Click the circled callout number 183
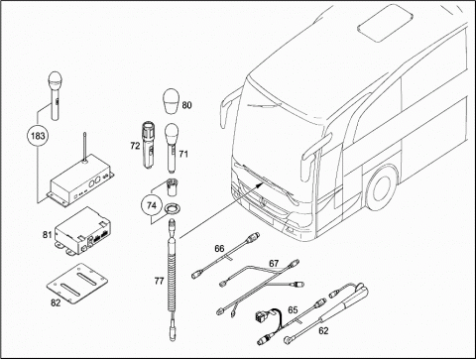coord(38,136)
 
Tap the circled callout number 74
coord(152,205)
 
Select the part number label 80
coord(186,105)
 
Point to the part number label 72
coord(135,146)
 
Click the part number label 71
coord(183,154)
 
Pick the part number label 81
coord(48,235)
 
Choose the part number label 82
coord(56,302)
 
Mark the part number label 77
coord(159,281)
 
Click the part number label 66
coord(219,249)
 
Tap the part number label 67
coord(274,264)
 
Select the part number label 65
coord(293,310)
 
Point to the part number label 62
coord(323,330)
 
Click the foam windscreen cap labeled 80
coord(171,102)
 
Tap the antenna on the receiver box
coord(85,148)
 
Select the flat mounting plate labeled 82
coord(77,283)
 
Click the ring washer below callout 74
coord(172,209)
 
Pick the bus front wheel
coord(382,187)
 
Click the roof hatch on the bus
coord(386,23)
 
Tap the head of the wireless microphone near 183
coord(55,81)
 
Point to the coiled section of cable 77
coord(172,282)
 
